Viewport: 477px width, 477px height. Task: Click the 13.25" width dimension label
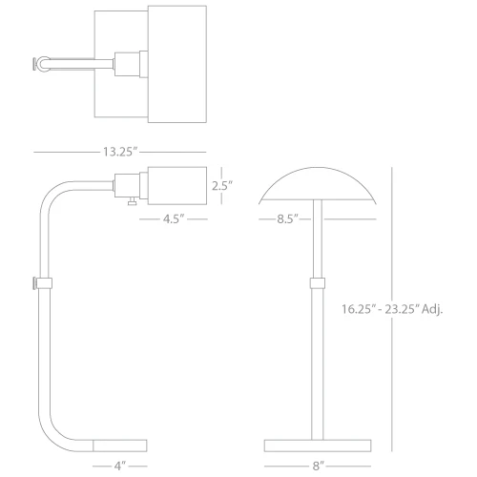[120, 152]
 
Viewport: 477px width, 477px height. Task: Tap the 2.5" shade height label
[222, 186]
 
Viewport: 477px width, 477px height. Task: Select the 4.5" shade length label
[174, 218]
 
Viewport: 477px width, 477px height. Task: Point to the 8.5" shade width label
[287, 218]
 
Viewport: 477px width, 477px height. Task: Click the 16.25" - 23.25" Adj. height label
[392, 309]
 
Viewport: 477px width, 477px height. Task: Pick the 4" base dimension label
[120, 467]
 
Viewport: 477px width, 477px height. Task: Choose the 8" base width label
[318, 467]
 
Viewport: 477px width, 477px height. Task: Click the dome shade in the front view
[318, 184]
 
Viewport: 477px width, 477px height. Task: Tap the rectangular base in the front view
[318, 446]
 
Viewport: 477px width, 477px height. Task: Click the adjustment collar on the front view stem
[318, 283]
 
